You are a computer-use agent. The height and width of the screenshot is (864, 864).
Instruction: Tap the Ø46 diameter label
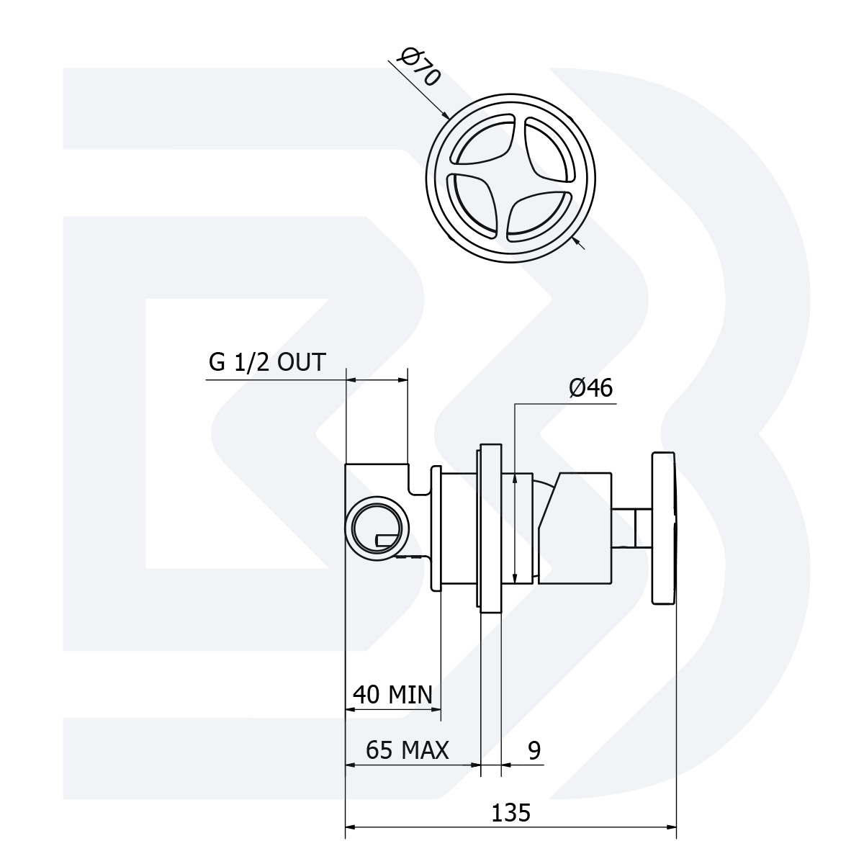pos(590,388)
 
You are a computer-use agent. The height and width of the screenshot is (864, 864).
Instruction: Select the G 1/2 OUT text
pos(267,361)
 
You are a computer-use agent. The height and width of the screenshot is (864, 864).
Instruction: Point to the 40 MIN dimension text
pos(392,695)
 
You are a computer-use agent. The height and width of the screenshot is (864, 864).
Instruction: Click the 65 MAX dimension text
pos(407,750)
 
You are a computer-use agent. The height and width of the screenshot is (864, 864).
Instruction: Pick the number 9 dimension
pos(534,750)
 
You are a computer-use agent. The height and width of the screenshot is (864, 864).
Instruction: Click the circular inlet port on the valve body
pos(375,526)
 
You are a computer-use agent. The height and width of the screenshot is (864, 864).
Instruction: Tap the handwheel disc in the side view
pos(664,528)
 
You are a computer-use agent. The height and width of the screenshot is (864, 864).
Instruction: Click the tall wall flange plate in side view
pos(490,528)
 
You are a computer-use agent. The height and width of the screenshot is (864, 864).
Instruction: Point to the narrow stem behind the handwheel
pos(631,528)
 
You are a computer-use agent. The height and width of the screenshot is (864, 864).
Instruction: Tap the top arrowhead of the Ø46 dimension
pos(515,477)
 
